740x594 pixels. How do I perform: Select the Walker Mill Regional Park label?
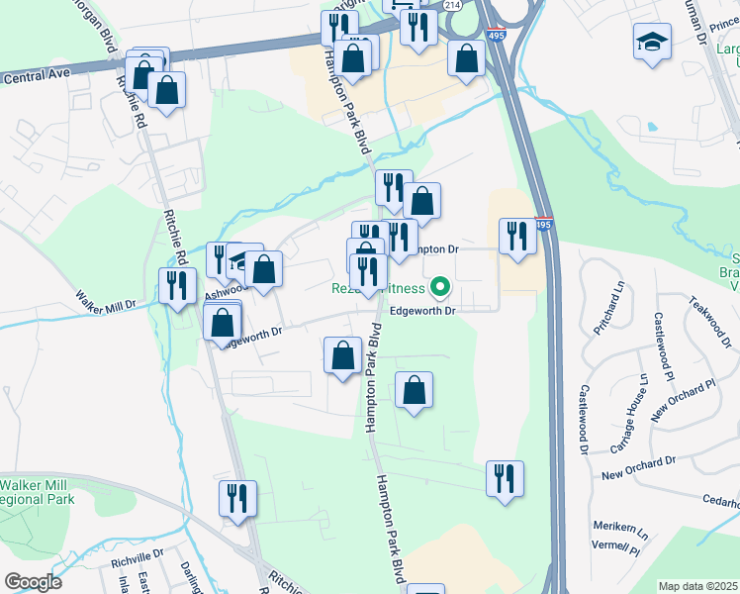[x=37, y=492]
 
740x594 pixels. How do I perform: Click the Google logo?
[x=34, y=581]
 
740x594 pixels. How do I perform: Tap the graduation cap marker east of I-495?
[x=651, y=43]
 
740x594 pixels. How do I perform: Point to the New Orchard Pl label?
[x=683, y=400]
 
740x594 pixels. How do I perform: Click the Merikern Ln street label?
[x=614, y=529]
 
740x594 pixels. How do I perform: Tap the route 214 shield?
[x=452, y=5]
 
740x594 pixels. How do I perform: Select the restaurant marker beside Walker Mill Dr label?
[x=177, y=285]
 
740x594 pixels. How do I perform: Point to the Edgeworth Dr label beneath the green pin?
[x=420, y=311]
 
